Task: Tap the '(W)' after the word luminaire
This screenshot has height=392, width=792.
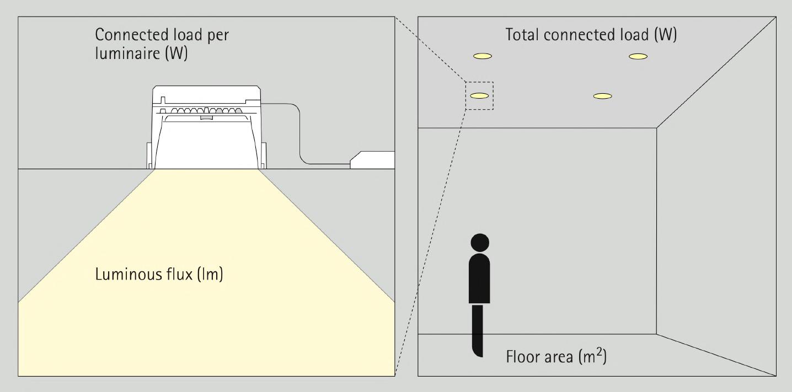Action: click(x=176, y=55)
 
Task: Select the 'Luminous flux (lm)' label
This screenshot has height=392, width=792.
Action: click(x=159, y=274)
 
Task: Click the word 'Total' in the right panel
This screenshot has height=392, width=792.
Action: click(x=523, y=35)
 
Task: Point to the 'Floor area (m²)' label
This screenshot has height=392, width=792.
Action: click(x=556, y=357)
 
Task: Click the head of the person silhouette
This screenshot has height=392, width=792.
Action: click(x=480, y=243)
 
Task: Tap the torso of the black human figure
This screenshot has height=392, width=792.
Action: click(x=479, y=278)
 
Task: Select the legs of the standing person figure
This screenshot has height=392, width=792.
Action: click(x=478, y=330)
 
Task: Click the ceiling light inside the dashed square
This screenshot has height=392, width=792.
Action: click(x=479, y=96)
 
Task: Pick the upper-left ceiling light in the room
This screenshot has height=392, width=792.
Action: click(x=482, y=56)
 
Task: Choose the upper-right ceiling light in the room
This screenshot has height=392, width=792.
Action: click(x=638, y=56)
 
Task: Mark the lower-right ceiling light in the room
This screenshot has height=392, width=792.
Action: click(x=602, y=96)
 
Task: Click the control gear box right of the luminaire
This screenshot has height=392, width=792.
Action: click(x=373, y=159)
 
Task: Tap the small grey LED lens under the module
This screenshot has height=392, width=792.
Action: click(x=206, y=117)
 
